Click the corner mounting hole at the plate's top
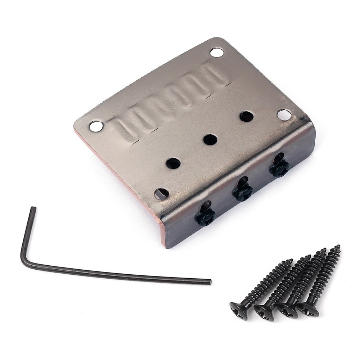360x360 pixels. coord(216,53)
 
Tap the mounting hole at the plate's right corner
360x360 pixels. coord(284,115)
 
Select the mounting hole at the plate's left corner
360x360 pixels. coord(96,126)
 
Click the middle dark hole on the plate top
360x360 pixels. coord(210,139)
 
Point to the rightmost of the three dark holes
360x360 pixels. coord(246,117)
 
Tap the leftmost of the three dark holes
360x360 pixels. coord(174,163)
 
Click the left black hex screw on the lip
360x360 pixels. coord(206,217)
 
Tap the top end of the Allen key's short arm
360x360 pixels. coord(33,208)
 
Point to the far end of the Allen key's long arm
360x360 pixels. coord(209,282)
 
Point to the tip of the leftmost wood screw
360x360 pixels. coord(292,260)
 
